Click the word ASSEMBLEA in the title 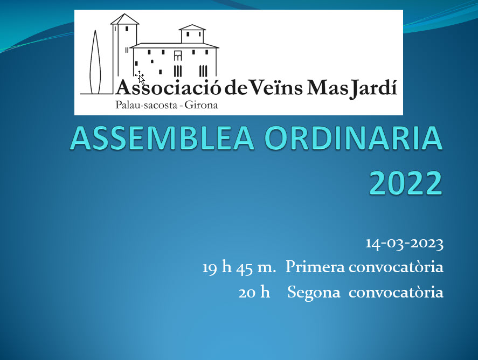click(163, 138)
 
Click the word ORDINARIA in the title click(354, 138)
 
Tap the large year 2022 click(406, 183)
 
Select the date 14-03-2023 click(405, 244)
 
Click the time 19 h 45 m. click(239, 267)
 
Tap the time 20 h click(254, 293)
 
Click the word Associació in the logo click(168, 87)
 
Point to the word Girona click(201, 105)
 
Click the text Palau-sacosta click(147, 105)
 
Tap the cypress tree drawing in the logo click(95, 62)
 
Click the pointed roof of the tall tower click(124, 19)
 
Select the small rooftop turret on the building click(192, 34)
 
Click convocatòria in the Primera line click(396, 267)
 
